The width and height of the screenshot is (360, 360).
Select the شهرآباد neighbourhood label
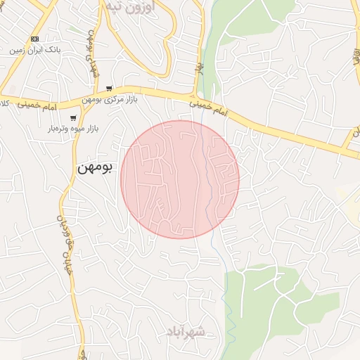tap(187, 330)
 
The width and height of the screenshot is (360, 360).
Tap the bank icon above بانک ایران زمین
tap(35, 39)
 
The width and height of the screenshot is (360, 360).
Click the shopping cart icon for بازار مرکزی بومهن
tap(109, 89)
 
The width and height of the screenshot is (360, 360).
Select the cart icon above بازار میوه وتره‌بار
tap(73, 118)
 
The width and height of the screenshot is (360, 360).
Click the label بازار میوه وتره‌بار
tap(72, 129)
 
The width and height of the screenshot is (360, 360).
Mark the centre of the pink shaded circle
tap(180, 179)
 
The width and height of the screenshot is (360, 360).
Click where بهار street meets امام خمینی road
tap(194, 97)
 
